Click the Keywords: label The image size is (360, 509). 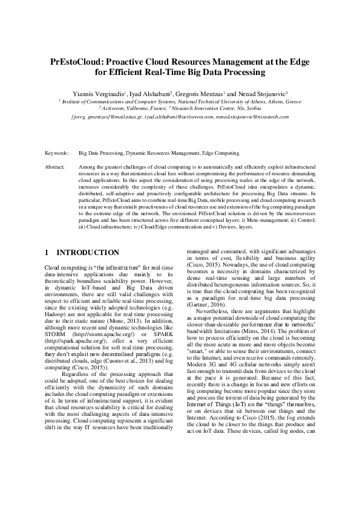coord(57,154)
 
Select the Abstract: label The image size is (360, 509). coord(56,166)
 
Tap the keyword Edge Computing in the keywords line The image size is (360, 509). coord(220,154)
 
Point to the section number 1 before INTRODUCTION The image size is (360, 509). coord(48,252)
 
